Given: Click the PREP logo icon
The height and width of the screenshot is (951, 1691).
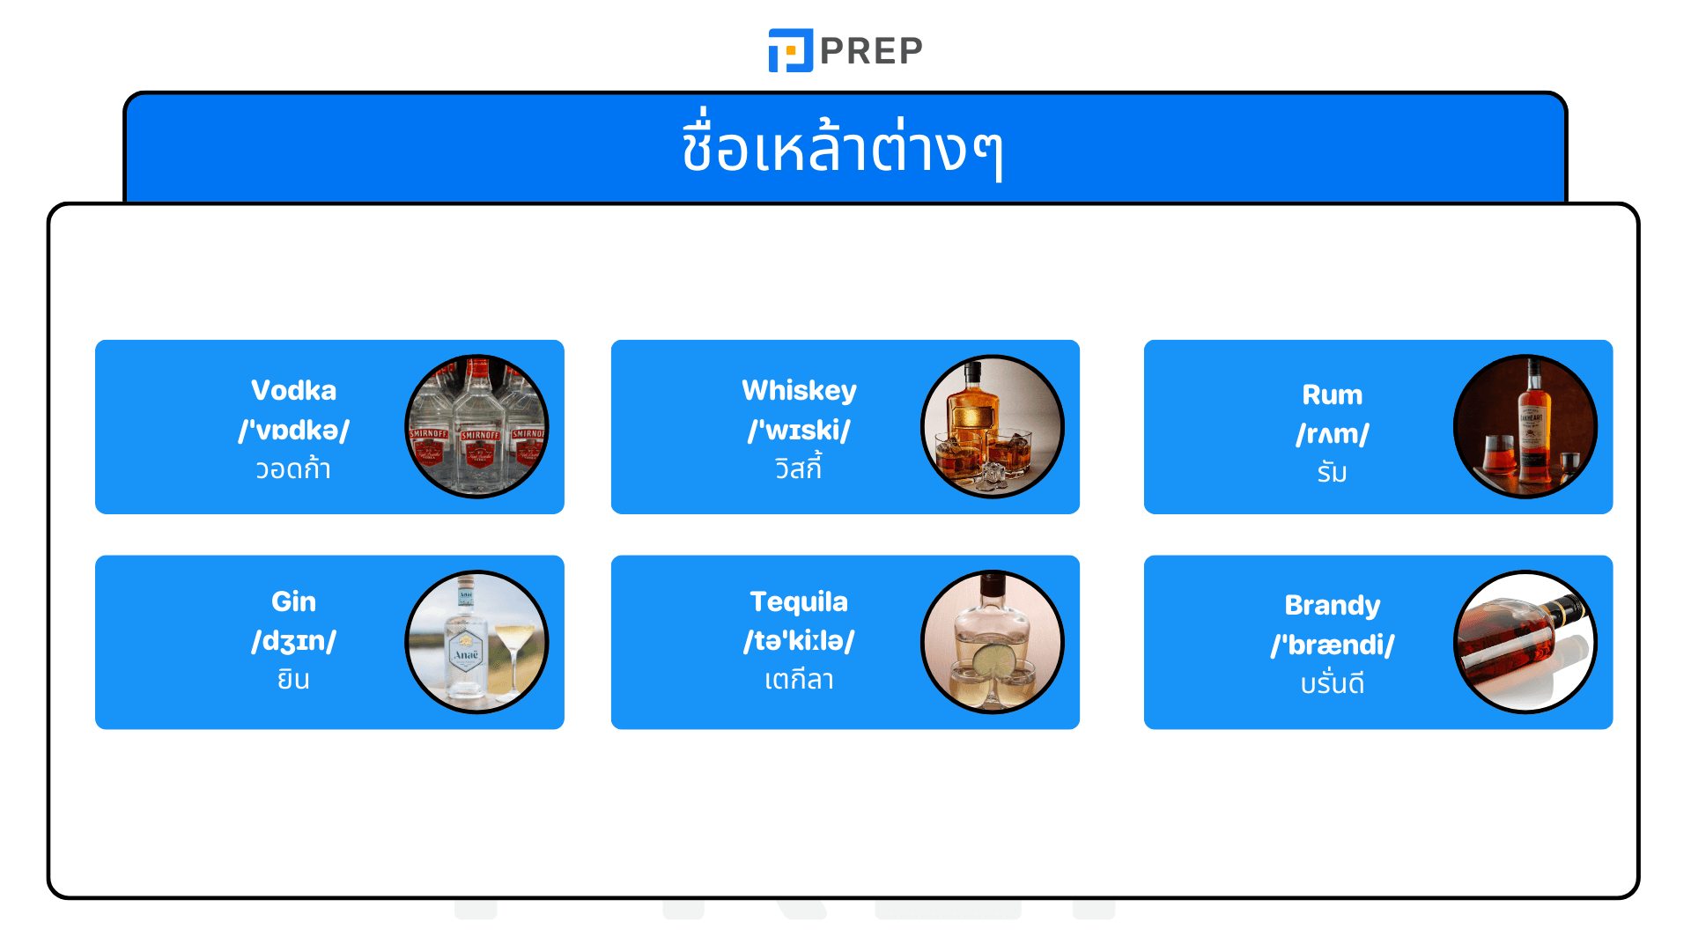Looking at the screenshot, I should click(x=790, y=50).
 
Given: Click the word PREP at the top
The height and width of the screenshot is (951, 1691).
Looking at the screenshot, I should click(x=871, y=51).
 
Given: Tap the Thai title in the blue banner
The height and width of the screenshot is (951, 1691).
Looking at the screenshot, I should click(x=843, y=149).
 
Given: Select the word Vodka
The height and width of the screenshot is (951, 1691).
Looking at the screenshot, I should click(x=293, y=390).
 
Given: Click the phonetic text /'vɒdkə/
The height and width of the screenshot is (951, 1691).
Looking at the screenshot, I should click(x=293, y=430).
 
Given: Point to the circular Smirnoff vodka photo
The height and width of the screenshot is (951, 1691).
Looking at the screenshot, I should click(x=476, y=427).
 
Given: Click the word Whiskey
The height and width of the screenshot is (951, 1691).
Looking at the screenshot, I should click(x=799, y=390).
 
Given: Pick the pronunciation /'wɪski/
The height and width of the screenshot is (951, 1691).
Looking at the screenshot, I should click(x=799, y=430).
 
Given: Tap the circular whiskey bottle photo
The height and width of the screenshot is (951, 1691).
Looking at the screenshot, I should click(x=993, y=427).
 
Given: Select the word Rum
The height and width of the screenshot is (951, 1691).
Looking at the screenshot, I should click(x=1332, y=394).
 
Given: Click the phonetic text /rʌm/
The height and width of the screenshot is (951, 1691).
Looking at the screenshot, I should click(x=1332, y=434).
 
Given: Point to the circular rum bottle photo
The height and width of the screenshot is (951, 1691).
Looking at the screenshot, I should click(x=1525, y=427).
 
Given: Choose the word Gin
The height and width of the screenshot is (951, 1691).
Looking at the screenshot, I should click(x=293, y=601).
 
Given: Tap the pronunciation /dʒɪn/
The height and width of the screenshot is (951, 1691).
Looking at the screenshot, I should click(x=293, y=640).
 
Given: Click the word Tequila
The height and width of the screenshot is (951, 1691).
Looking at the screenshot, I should click(x=799, y=601).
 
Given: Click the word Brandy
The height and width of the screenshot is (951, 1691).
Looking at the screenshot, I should click(x=1332, y=605).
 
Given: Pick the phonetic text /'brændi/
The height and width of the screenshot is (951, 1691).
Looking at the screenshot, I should click(x=1332, y=645).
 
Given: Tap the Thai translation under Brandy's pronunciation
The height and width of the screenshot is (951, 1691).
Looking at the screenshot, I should click(x=1332, y=683).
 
